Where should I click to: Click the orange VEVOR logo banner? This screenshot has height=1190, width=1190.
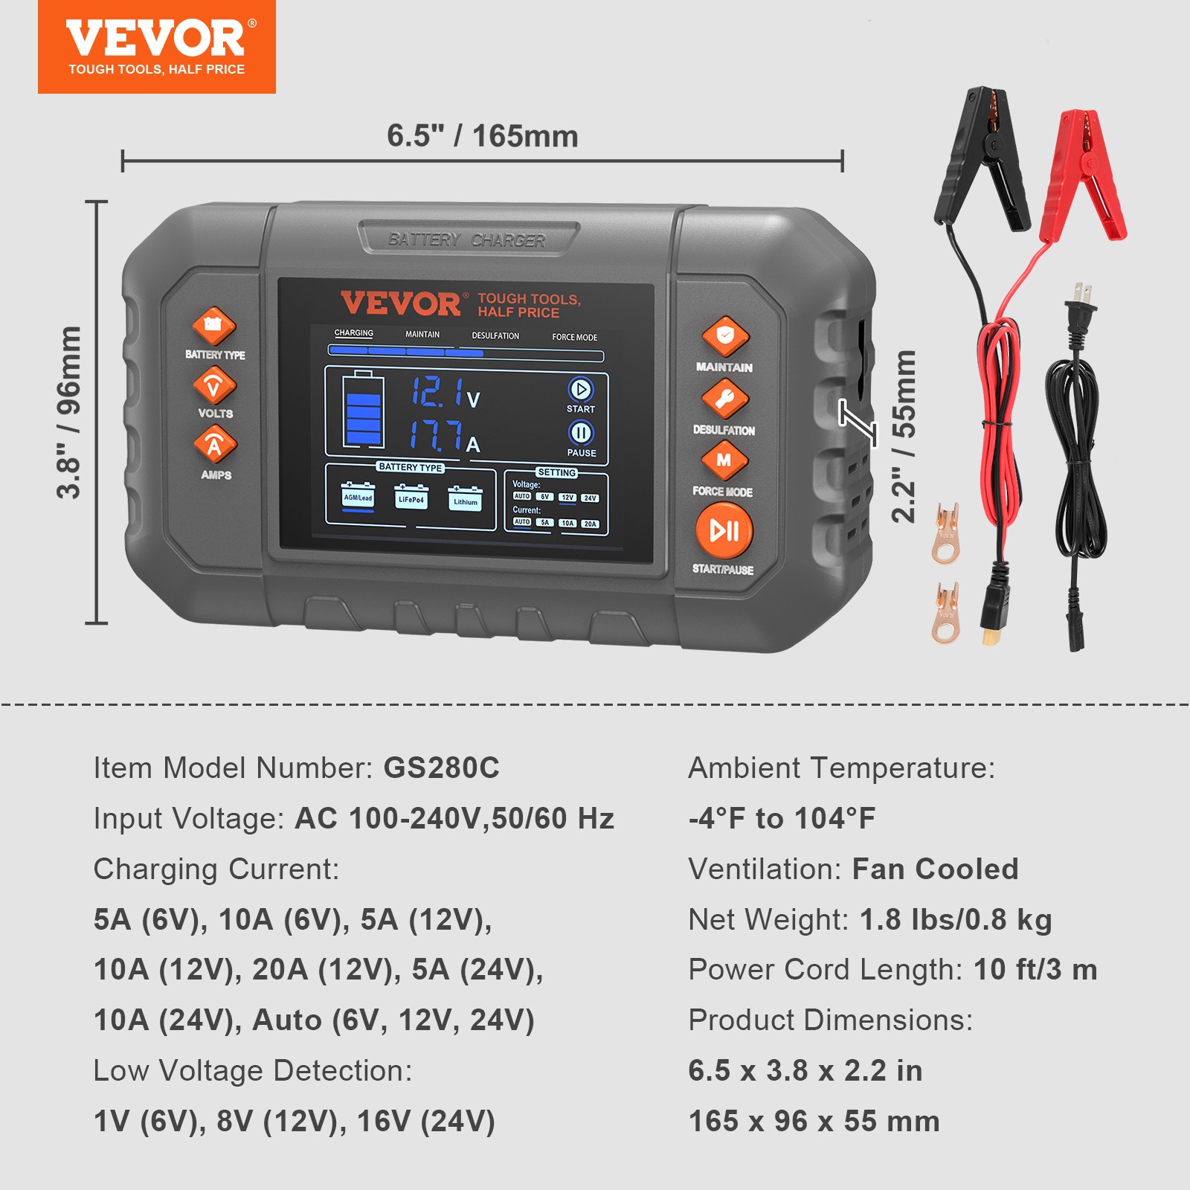pyautogui.click(x=156, y=47)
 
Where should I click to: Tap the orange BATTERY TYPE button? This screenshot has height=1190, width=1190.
pyautogui.click(x=214, y=326)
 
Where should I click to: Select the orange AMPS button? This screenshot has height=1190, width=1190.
pyautogui.click(x=215, y=444)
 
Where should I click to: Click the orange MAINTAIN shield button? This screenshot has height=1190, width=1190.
pyautogui.click(x=725, y=336)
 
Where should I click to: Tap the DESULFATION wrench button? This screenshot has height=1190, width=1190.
pyautogui.click(x=724, y=399)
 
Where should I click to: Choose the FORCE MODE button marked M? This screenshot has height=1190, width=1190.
pyautogui.click(x=724, y=460)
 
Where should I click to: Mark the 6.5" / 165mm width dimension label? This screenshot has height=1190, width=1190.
pyautogui.click(x=482, y=136)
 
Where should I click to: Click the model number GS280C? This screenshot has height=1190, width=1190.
pyautogui.click(x=441, y=768)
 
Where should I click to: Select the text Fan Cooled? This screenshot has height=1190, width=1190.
pyautogui.click(x=935, y=869)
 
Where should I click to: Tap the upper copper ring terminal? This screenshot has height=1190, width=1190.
pyautogui.click(x=946, y=533)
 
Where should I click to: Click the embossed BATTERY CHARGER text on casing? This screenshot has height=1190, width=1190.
pyautogui.click(x=466, y=239)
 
